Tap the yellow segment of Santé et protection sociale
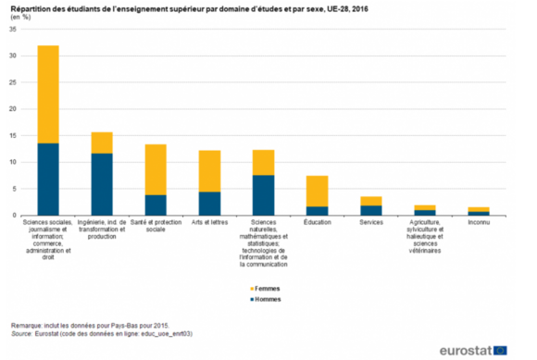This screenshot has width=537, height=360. point(156,169)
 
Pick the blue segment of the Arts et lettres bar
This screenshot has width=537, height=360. point(210,203)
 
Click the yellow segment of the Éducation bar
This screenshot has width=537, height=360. point(318,191)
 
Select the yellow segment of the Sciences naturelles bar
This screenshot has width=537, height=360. point(264,162)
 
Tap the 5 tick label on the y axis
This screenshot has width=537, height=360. point(14,188)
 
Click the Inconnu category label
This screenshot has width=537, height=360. point(478,223)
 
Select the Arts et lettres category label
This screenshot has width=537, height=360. point(210,223)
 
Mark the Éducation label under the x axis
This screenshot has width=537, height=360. point(318,223)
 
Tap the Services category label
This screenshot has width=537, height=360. point(371,223)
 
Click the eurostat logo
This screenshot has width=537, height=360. point(468,348)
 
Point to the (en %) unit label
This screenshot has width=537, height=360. point(20,17)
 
